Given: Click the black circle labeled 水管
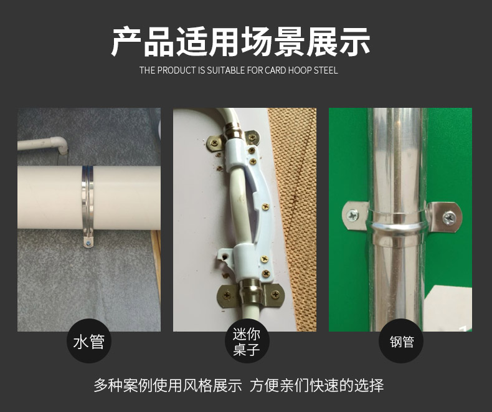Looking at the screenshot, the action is tap(89, 341).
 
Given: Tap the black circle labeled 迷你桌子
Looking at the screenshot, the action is tap(247, 341).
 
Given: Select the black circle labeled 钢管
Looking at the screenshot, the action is tap(401, 341).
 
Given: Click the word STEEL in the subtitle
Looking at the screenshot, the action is tap(326, 70).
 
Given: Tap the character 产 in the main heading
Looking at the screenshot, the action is tap(127, 42).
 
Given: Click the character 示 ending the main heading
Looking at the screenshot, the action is tap(354, 42).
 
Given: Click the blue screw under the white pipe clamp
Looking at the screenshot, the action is tap(89, 242).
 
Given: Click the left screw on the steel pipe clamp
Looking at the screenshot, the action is tap(353, 216).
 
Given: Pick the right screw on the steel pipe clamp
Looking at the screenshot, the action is tap(449, 217).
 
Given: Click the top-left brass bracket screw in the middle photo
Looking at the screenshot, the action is tap(214, 143).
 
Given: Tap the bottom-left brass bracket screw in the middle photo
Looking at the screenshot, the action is tap(227, 295).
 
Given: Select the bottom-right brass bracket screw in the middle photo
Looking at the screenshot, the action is tap(275, 295).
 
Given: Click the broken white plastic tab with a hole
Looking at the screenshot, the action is tap(225, 258).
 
